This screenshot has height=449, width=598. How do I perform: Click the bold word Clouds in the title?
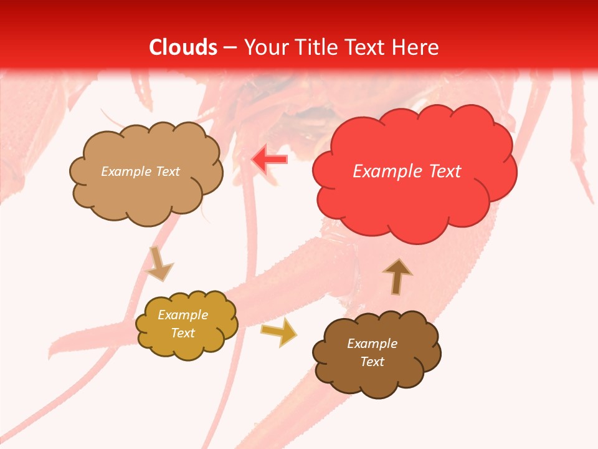[x=183, y=47]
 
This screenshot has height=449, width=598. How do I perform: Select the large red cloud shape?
[x=414, y=200]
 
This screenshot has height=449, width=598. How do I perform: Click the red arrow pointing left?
[x=269, y=159]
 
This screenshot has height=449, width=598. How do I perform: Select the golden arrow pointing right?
[x=279, y=332]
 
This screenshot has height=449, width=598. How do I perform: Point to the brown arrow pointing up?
[x=397, y=276]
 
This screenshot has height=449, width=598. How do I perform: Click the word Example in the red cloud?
[x=388, y=171]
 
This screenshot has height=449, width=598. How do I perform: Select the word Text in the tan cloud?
[x=167, y=171]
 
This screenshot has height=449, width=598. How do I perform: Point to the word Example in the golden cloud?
[x=183, y=315]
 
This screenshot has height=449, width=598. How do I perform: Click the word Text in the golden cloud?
[x=183, y=333]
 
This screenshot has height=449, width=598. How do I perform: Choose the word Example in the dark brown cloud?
[x=372, y=344]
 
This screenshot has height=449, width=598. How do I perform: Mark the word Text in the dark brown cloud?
[x=372, y=362]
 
